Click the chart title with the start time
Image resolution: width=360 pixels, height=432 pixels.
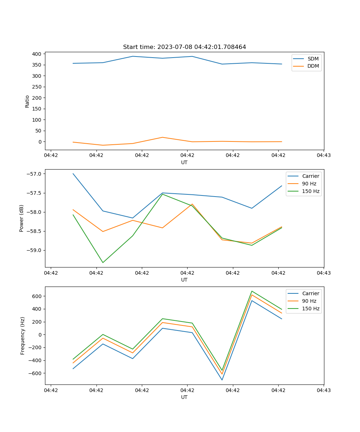click(x=184, y=47)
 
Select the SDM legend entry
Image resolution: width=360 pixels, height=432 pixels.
click(x=313, y=59)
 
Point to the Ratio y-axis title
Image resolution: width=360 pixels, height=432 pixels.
click(x=27, y=101)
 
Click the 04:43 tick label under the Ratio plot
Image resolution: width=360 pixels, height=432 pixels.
click(x=323, y=156)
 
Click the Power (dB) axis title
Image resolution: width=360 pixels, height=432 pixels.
click(x=22, y=218)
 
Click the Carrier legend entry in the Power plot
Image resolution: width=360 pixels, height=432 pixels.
click(x=310, y=176)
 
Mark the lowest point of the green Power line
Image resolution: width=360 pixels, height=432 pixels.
click(x=103, y=262)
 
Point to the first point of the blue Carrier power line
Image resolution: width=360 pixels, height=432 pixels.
click(x=73, y=174)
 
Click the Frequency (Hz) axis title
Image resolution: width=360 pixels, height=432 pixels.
click(x=23, y=336)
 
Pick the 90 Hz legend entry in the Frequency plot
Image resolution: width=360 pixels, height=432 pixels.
click(x=309, y=301)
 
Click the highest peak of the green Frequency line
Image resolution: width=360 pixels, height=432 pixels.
click(x=252, y=291)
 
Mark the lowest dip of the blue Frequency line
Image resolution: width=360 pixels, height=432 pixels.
click(x=222, y=380)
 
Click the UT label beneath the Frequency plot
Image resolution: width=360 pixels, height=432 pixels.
click(x=184, y=397)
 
